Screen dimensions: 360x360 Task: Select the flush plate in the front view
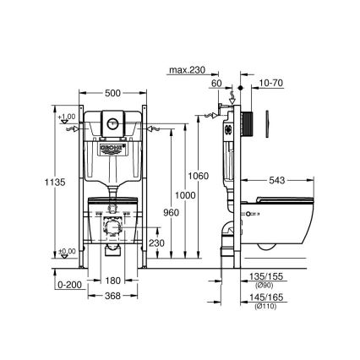[x=114, y=120]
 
